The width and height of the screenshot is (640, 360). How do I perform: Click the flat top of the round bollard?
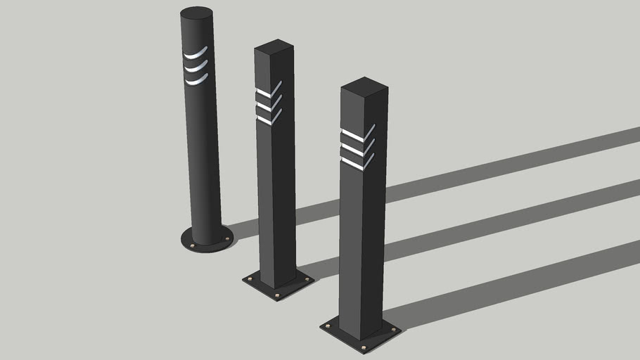click(197, 13)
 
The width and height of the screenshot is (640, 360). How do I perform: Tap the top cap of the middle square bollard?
click(274, 46)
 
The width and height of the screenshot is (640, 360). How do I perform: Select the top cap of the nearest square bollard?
click(364, 86)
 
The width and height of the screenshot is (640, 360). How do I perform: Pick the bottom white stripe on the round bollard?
click(197, 80)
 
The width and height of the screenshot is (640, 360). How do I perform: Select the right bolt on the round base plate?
click(226, 238)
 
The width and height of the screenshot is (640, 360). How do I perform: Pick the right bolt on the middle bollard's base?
click(307, 278)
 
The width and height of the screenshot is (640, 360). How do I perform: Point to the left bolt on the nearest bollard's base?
click(328, 326)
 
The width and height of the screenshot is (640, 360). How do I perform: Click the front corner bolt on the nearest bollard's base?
click(363, 347)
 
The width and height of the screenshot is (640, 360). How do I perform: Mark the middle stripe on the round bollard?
click(196, 67)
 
